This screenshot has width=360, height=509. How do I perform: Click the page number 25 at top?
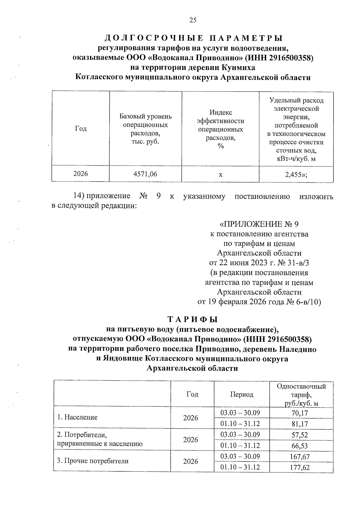click(193, 20)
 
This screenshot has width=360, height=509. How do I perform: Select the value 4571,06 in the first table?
click(145, 174)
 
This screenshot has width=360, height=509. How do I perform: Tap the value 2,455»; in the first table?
click(296, 174)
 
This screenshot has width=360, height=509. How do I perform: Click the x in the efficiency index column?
click(220, 174)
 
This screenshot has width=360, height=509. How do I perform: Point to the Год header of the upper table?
click(81, 129)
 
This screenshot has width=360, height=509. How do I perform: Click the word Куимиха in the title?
click(238, 67)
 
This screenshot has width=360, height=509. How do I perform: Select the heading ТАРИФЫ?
click(192, 319)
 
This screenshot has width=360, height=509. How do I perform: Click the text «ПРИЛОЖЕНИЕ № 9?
click(259, 224)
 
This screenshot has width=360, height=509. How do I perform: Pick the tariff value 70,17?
click(300, 413)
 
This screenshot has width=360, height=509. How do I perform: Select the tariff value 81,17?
click(300, 424)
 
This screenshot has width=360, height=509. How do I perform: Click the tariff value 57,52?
click(300, 435)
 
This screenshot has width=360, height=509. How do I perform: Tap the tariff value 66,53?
click(300, 446)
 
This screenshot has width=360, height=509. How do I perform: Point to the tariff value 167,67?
click(300, 457)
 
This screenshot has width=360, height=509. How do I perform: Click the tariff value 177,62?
click(300, 468)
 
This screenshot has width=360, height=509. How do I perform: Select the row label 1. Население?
click(77, 418)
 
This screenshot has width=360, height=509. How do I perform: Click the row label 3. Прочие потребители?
click(93, 461)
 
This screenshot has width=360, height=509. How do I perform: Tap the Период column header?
click(242, 394)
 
